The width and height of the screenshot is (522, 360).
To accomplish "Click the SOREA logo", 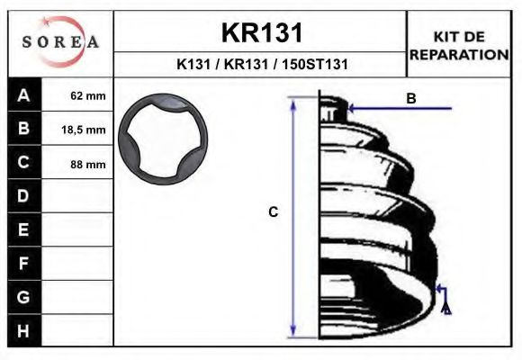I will coord(60,42).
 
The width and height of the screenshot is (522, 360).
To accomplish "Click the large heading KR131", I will coord(261,32).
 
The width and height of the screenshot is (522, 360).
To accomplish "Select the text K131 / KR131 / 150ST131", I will coord(261,65).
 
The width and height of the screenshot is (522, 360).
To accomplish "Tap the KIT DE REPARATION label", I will coord(459,45).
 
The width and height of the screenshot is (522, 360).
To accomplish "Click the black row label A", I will coord(24,94).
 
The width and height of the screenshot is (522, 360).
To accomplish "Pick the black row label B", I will coord(24,129).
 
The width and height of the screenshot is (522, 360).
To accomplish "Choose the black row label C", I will coord(24,163).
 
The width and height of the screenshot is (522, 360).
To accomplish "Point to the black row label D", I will coord(24,196).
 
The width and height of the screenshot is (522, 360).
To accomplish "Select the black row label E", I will coord(24,230).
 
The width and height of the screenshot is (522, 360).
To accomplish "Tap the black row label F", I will coord(24,264).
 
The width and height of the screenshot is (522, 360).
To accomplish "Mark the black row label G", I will coord(24,297).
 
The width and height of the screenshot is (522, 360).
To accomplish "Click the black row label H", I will coord(24,331).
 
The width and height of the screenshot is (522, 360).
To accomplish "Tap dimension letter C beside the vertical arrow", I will coord(274,212).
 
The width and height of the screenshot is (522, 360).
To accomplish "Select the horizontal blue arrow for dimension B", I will coord(396,109).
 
